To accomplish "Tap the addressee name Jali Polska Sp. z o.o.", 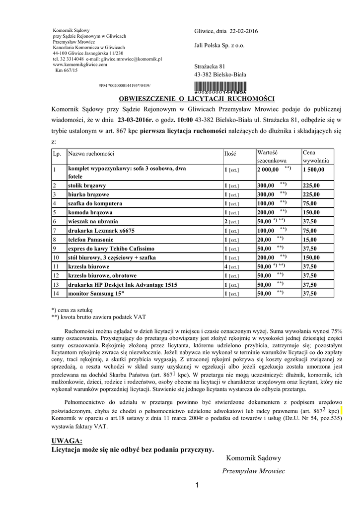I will click(219, 46).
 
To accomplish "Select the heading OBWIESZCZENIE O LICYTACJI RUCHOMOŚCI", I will click(196, 99).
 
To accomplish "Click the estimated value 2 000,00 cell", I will click(269, 169).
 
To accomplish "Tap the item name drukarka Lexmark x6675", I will click(101, 230).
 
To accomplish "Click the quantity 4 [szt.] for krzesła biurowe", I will click(231, 266).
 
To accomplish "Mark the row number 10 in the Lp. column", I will click(56, 257).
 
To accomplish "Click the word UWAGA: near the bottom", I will click(67, 441).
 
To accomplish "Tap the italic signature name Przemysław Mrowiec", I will click(253, 471).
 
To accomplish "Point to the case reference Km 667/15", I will click(67, 70).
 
